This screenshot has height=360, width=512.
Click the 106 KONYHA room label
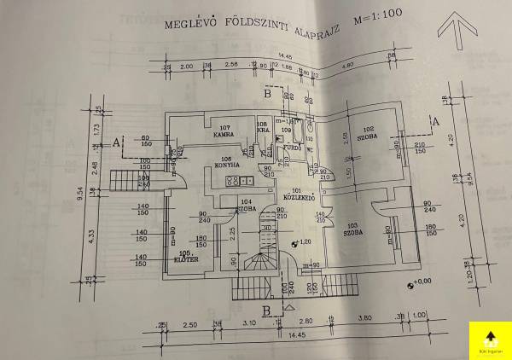pyautogui.click(x=226, y=162)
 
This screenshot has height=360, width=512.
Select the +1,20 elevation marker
pyautogui.click(x=301, y=243)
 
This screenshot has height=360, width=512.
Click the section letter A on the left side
pyautogui.click(x=116, y=142)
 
